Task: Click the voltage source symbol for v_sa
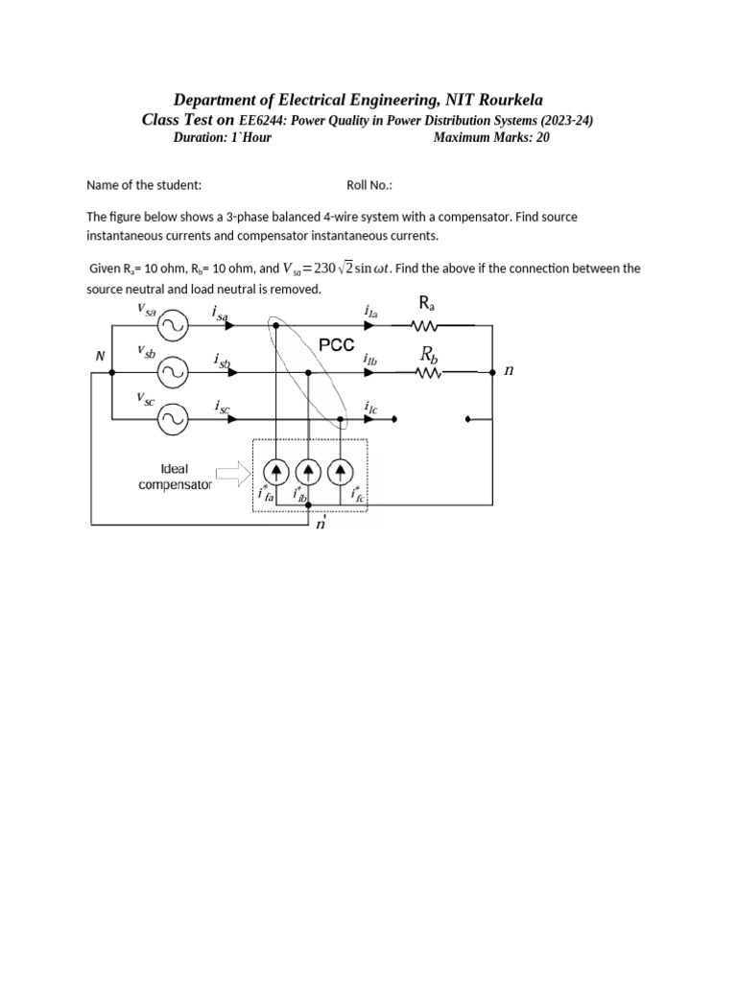173,326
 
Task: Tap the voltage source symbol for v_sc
173,418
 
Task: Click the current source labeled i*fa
275,470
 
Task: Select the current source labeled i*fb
308,470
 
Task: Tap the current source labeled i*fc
341,470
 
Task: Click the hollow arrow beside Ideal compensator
230,471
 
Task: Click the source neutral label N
99,356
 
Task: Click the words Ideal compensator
174,477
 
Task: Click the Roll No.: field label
369,185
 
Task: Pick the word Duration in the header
201,137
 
